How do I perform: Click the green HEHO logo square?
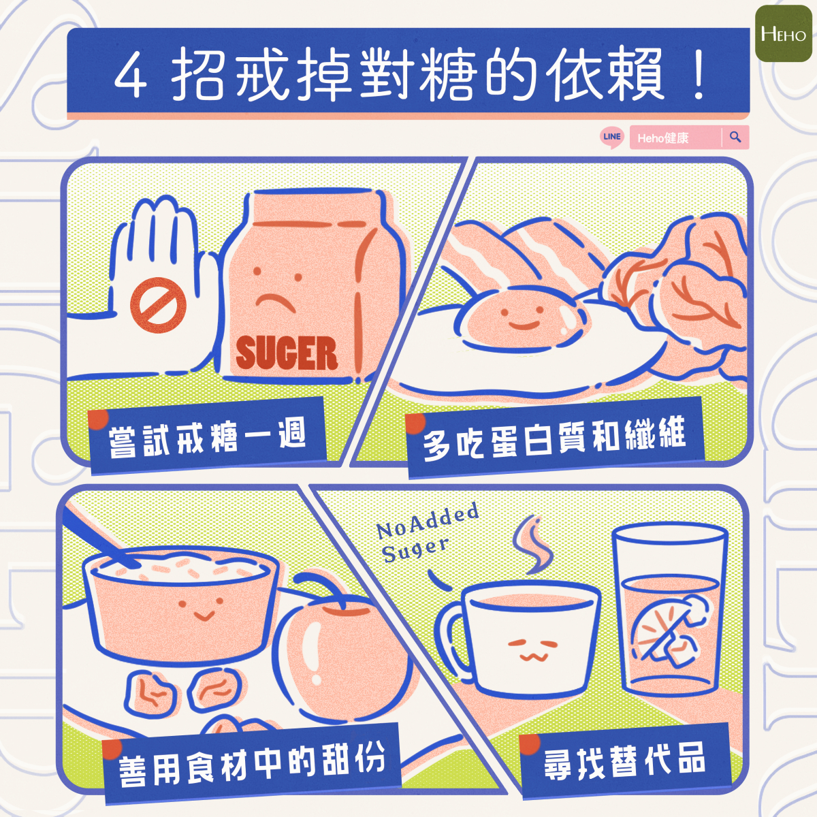pos(783,33)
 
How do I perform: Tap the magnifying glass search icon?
pos(735,137)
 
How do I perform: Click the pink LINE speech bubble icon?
pos(612,138)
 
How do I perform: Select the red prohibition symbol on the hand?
pos(158,305)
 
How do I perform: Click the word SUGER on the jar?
pos(286,353)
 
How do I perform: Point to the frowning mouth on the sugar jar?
pos(275,303)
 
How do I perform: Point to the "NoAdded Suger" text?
pos(427,532)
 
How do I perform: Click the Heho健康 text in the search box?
pos(662,138)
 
